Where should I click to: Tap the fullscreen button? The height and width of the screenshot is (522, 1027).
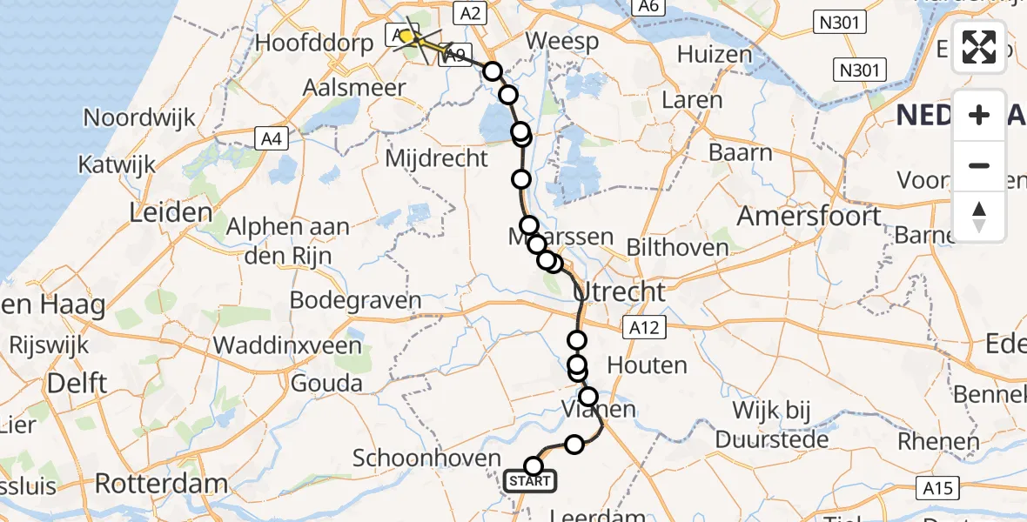979,47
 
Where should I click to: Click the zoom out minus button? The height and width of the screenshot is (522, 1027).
979,165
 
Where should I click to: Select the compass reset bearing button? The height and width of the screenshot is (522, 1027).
979,216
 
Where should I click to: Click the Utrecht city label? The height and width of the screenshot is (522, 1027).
621,291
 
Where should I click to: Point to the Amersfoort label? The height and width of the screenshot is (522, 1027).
810,215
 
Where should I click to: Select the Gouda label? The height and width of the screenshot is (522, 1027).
326,383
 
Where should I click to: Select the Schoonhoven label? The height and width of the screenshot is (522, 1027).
427,458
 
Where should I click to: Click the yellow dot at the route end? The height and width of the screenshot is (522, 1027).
406,37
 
